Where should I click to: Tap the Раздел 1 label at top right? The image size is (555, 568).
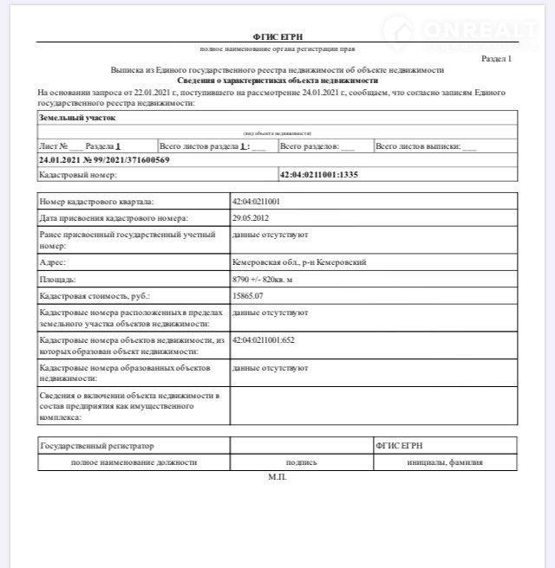pos(496,59)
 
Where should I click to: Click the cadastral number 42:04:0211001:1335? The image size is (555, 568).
pos(319,175)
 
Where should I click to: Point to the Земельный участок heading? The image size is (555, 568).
pos(77,117)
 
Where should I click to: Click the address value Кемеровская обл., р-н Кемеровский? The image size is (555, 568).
pos(299,261)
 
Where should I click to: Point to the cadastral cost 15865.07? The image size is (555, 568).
pos(248,296)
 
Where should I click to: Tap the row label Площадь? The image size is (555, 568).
pos(58,280)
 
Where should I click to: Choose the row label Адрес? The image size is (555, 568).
pos(53,261)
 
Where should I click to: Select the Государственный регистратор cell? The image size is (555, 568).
pos(97,445)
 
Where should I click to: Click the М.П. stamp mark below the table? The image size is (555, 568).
pos(277,477)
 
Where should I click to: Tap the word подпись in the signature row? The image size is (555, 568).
pos(301,462)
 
